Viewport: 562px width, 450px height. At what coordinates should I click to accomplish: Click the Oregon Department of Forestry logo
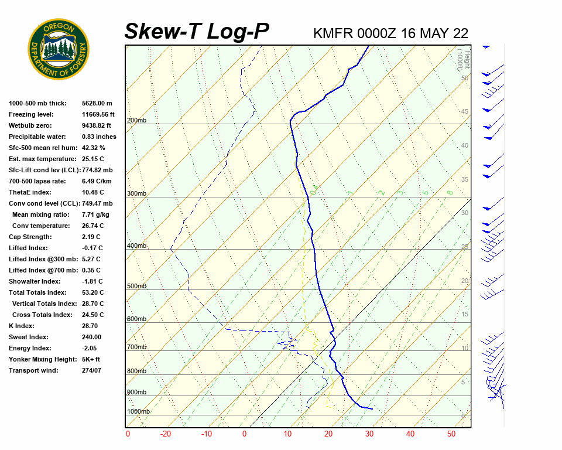point(59,49)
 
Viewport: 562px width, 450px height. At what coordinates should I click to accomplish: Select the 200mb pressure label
point(137,121)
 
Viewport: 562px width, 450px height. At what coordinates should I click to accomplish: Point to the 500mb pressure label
point(137,287)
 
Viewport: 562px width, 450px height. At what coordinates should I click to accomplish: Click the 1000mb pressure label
point(139,412)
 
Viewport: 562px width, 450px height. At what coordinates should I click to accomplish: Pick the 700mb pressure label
point(137,347)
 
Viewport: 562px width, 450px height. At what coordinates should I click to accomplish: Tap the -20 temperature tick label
point(166,434)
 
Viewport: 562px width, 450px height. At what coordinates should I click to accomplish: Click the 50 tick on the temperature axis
point(451,434)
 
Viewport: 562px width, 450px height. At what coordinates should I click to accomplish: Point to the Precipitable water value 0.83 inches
point(99,137)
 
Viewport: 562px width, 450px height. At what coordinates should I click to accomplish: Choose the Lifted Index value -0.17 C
point(92,248)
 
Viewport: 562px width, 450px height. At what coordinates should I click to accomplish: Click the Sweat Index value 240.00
point(91,337)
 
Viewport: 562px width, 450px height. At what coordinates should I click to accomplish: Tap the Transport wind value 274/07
point(91,370)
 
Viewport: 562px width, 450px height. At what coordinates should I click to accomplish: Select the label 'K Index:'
point(21,326)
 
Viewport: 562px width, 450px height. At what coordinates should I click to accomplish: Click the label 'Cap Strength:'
point(30,237)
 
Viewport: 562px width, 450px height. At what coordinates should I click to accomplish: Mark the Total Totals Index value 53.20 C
point(92,292)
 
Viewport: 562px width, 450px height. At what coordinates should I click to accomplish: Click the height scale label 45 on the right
point(465,112)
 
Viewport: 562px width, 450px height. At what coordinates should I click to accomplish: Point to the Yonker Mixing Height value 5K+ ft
point(91,359)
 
